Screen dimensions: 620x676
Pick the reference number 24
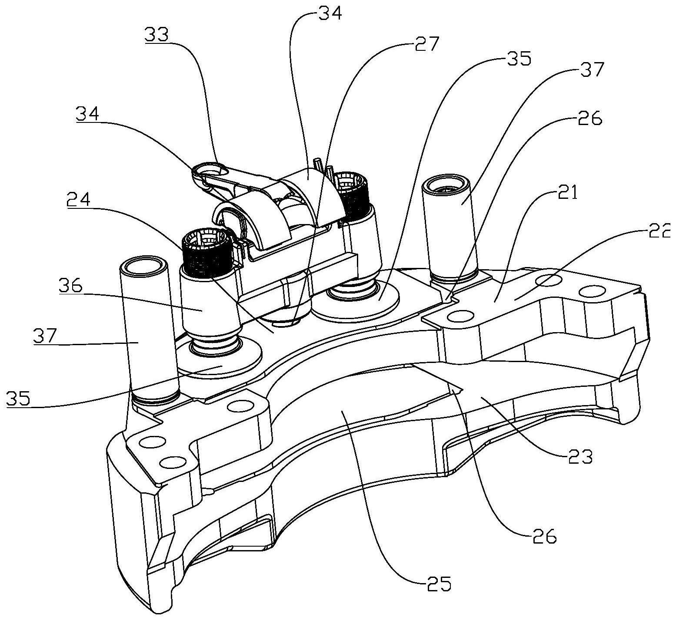(x=79, y=201)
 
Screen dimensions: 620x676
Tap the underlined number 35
(x=19, y=398)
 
